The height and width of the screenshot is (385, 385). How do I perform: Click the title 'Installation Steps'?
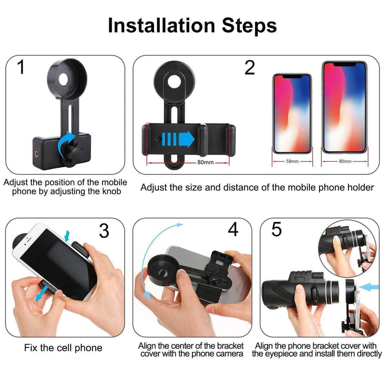coord(192,25)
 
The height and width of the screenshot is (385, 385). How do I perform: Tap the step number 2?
coord(249,67)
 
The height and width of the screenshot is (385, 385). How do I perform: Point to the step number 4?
coord(233,230)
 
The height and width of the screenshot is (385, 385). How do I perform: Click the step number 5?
coord(276,230)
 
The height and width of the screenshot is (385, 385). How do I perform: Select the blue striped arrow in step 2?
coord(178,139)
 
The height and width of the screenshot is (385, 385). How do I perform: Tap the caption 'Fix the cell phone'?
coord(64,347)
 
